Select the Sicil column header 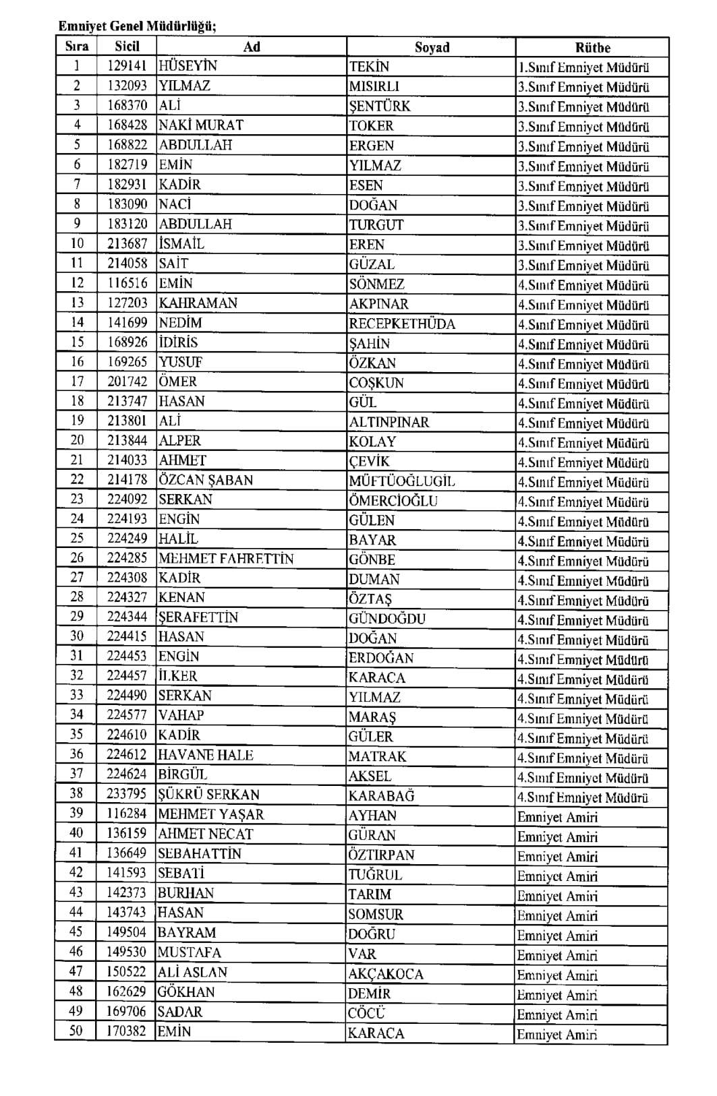127,47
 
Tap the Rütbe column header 592,47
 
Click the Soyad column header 432,47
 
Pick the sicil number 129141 127,66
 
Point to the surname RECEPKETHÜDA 402,324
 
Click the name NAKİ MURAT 200,125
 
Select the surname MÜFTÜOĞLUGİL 402,481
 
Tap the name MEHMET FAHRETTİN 226,559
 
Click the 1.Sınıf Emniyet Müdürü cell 583,67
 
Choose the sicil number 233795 126,795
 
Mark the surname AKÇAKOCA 386,974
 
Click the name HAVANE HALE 205,756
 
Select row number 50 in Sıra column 76,1031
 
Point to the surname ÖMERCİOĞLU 393,501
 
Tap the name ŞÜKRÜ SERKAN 208,795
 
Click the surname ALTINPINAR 389,422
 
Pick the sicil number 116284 126,814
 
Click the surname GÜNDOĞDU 387,619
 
